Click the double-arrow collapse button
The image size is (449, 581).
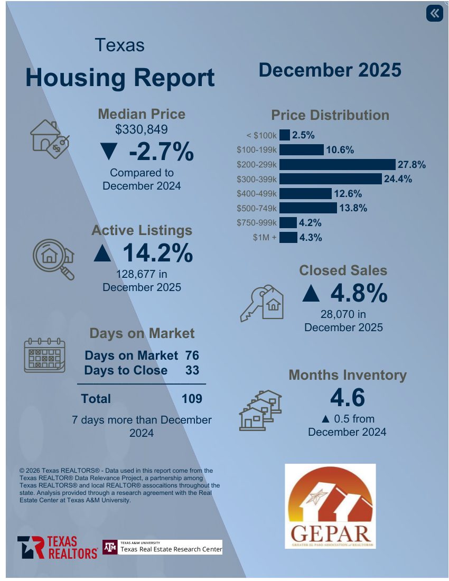(434, 13)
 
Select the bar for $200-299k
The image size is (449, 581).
(337, 165)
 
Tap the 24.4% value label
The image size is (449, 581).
(398, 179)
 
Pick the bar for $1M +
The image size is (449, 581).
(288, 238)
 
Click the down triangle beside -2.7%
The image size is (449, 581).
(108, 152)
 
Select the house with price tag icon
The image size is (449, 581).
(50, 138)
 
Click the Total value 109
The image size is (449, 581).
(192, 399)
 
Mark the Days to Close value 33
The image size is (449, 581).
(192, 370)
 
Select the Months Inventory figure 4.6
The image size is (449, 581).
(347, 398)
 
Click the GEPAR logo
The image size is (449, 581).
(330, 506)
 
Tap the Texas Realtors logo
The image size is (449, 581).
(57, 548)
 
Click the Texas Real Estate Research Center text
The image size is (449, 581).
(171, 549)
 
